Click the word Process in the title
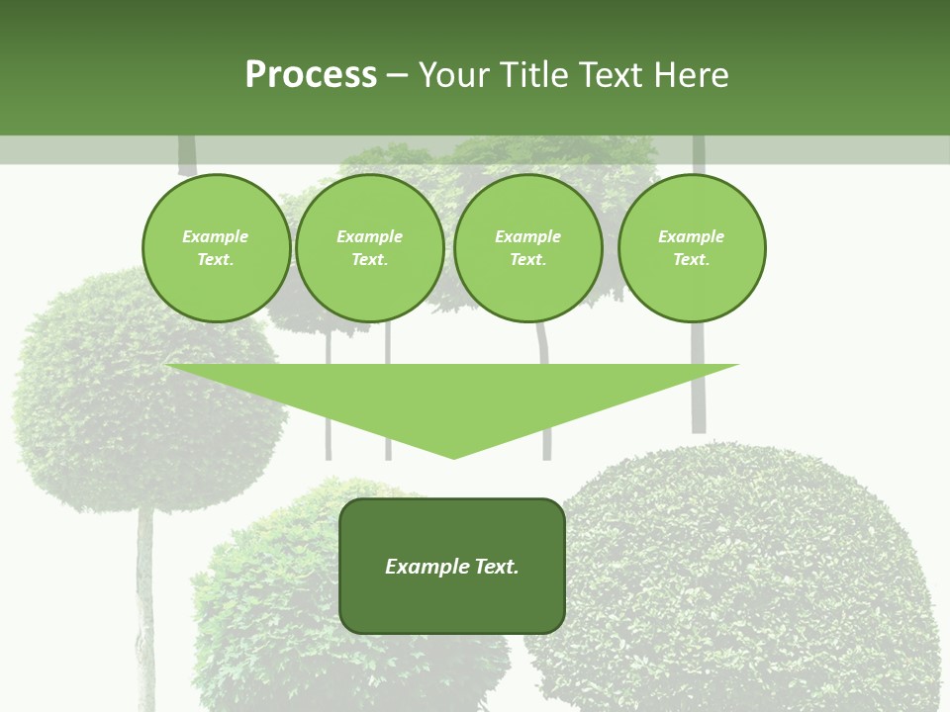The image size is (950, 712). pyautogui.click(x=311, y=75)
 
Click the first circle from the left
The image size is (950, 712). pyautogui.click(x=217, y=248)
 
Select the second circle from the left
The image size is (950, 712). pyautogui.click(x=370, y=248)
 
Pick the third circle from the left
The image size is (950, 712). pyautogui.click(x=528, y=248)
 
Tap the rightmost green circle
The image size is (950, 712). pyautogui.click(x=692, y=248)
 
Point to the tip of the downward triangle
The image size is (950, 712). pyautogui.click(x=454, y=456)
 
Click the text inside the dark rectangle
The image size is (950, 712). pyautogui.click(x=452, y=567)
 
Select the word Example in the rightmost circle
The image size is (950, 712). pyautogui.click(x=692, y=236)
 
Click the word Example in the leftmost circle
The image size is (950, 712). pyautogui.click(x=216, y=236)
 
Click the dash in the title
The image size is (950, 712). pyautogui.click(x=397, y=75)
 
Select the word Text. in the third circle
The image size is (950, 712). pyautogui.click(x=528, y=259)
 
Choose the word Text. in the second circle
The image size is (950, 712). pyautogui.click(x=370, y=259)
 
